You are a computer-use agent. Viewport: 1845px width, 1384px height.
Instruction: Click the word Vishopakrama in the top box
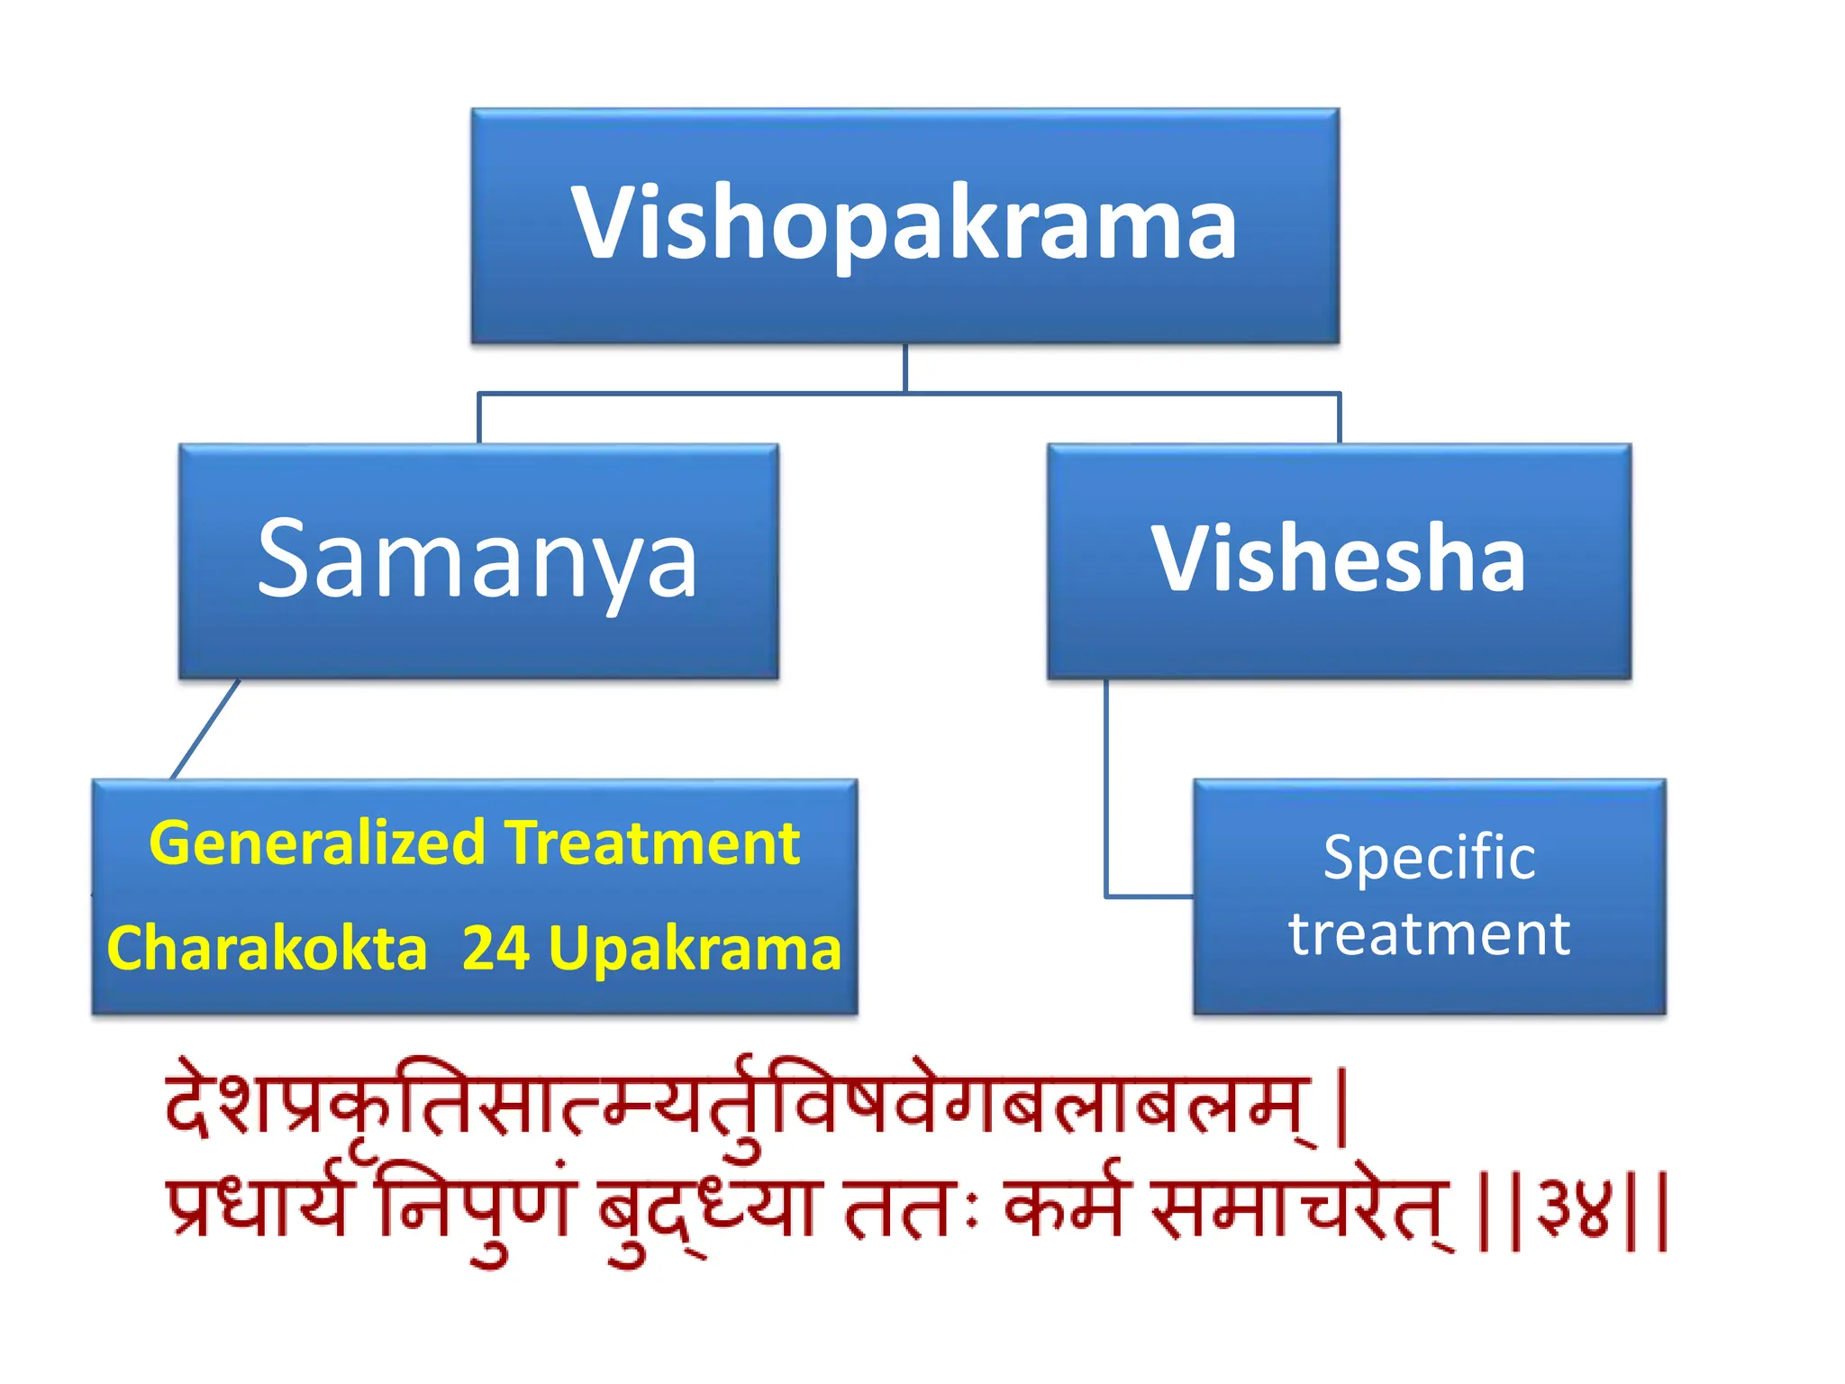point(904,223)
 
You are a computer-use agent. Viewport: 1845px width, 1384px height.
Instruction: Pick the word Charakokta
point(267,949)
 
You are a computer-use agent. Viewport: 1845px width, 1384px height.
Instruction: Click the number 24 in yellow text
point(495,949)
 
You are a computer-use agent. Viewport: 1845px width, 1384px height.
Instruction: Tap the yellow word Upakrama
point(695,949)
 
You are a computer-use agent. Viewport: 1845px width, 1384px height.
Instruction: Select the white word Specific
point(1429,857)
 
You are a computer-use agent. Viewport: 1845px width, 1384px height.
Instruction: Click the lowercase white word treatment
point(1429,933)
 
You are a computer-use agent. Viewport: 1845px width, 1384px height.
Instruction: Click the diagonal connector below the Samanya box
point(205,729)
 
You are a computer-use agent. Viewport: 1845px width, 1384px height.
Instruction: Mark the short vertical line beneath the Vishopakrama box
point(904,368)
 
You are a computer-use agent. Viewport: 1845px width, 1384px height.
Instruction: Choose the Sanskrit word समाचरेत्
point(1300,1207)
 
